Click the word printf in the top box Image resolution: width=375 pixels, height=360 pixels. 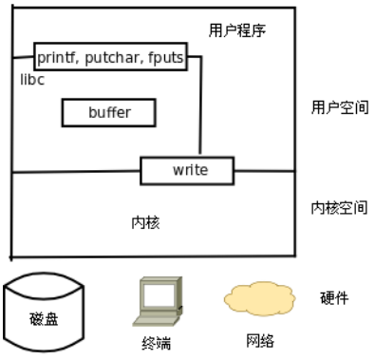56,58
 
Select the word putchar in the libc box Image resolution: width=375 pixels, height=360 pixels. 112,58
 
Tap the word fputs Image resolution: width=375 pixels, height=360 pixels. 166,58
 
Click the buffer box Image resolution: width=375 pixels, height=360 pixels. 109,113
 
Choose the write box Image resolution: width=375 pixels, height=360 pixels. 187,170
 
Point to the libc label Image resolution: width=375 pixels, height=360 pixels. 32,80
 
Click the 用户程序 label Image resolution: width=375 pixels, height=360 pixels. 237,30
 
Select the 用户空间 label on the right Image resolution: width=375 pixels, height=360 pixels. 340,107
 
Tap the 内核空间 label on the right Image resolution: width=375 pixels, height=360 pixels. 339,208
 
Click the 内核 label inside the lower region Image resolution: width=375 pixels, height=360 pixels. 145,222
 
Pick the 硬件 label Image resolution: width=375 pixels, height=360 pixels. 334,298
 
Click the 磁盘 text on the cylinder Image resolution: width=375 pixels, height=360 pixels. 44,319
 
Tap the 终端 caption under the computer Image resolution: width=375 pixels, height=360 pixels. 157,343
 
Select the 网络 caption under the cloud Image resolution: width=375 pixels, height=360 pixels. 260,341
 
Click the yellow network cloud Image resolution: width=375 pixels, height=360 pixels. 260,299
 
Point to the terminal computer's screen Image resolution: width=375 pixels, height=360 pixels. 159,295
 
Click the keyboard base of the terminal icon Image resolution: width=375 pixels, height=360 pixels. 156,320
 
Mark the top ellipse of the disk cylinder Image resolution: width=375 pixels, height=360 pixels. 44,286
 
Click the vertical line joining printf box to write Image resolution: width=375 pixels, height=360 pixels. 200,105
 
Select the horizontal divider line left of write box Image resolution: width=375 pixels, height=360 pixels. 76,172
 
